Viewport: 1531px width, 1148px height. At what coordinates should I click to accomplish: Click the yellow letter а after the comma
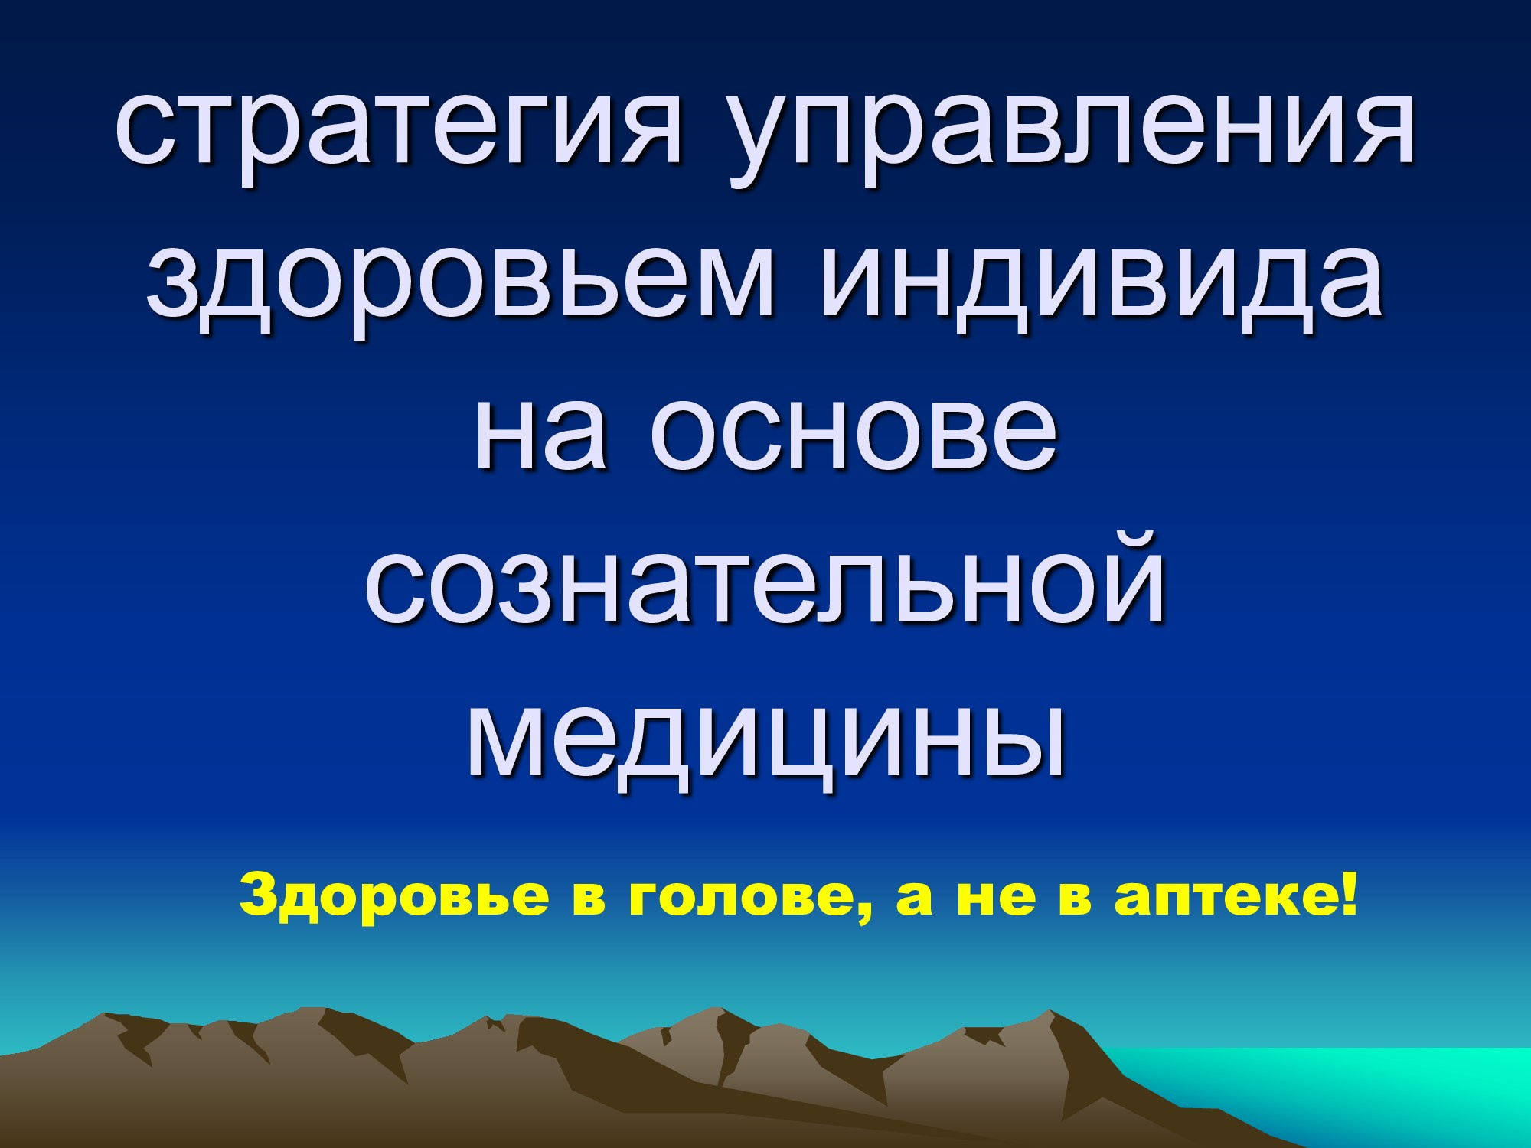pos(916,899)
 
